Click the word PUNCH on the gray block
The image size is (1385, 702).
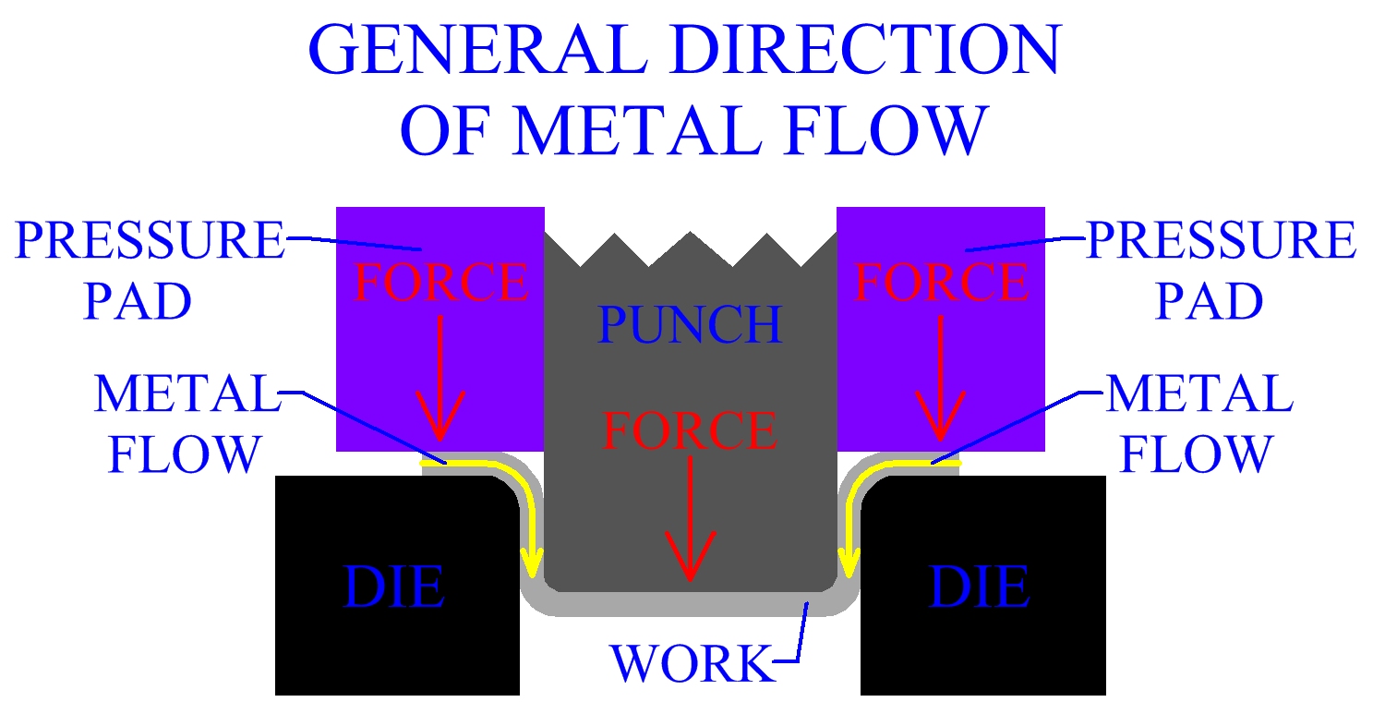point(690,325)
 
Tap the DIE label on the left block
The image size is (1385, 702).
point(394,587)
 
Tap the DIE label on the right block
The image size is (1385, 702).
point(980,587)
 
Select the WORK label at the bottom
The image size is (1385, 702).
point(690,662)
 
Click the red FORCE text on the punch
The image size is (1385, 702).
point(690,431)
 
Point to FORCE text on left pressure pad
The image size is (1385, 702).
point(441,283)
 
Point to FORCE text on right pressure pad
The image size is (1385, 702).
point(942,283)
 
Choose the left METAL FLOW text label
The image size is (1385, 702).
point(185,424)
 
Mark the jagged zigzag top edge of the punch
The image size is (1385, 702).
point(691,249)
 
